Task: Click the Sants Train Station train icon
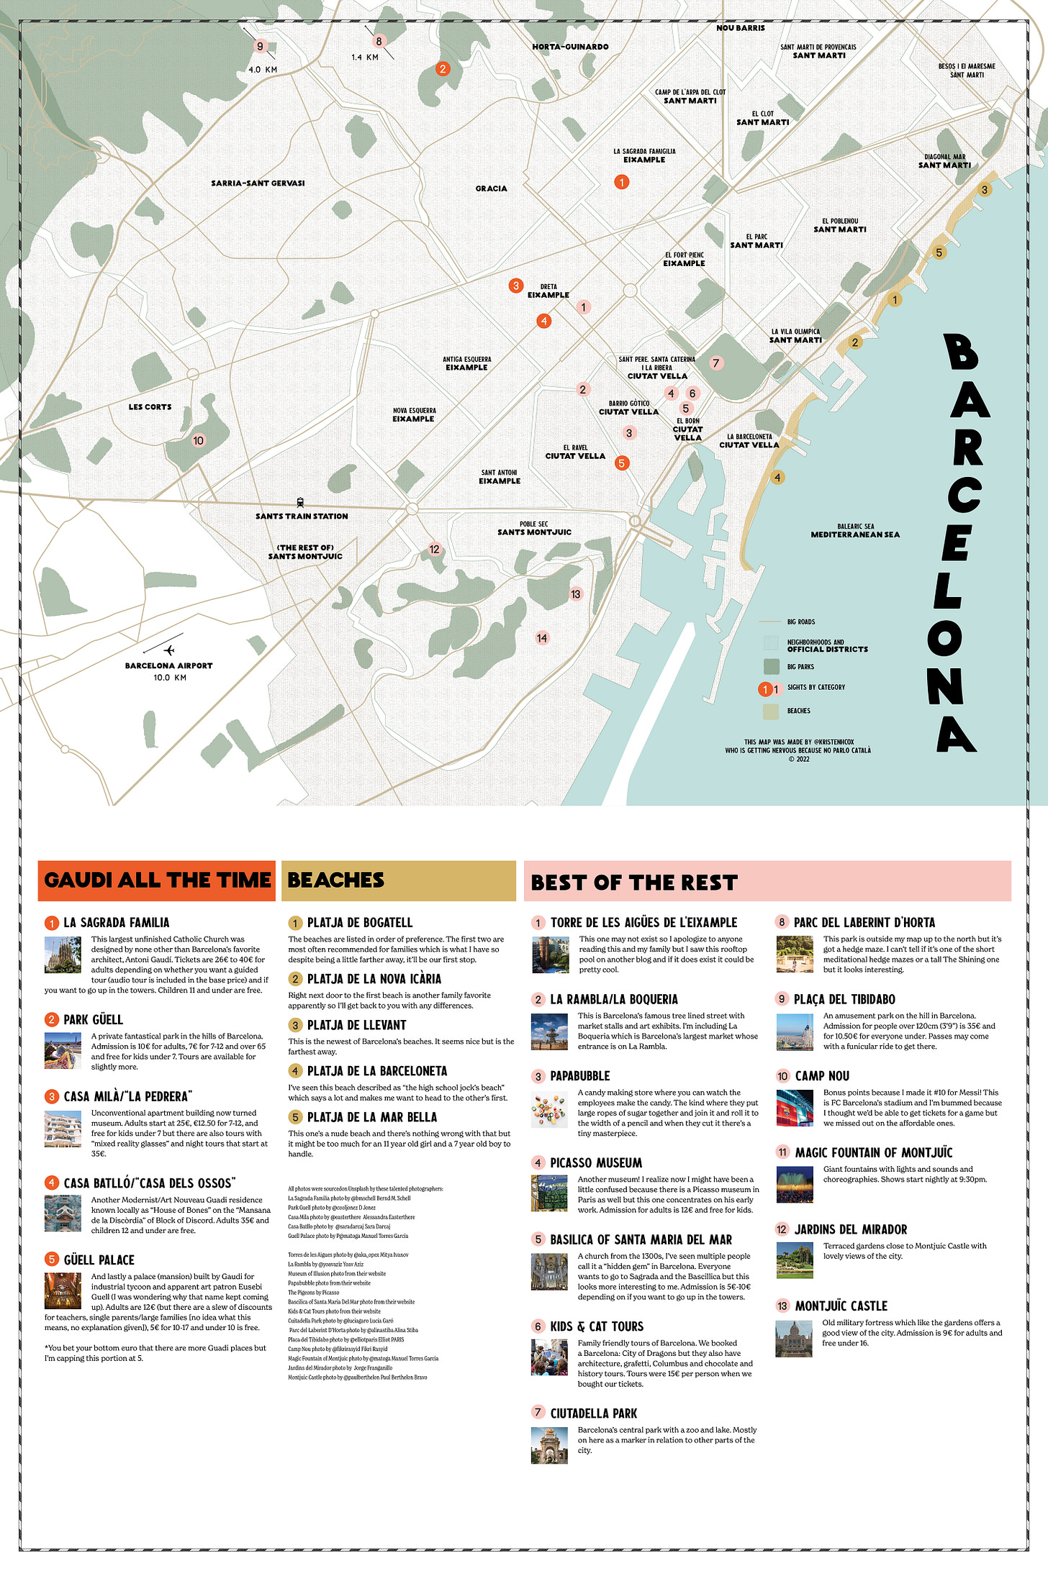300,503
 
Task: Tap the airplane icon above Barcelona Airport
168,650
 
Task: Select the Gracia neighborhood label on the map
491,188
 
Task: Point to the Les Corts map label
150,407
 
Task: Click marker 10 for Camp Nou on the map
199,440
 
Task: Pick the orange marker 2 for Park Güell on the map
443,69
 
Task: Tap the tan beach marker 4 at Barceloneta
777,478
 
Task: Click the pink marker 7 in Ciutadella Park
715,363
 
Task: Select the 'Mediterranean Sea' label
855,534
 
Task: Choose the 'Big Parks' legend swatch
772,666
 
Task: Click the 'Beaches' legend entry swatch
771,711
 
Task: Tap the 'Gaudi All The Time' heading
157,880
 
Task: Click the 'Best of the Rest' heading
634,883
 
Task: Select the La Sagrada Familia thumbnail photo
63,955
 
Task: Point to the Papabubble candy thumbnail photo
549,1109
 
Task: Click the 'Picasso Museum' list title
596,1163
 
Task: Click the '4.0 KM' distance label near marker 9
263,70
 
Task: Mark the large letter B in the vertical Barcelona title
961,352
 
